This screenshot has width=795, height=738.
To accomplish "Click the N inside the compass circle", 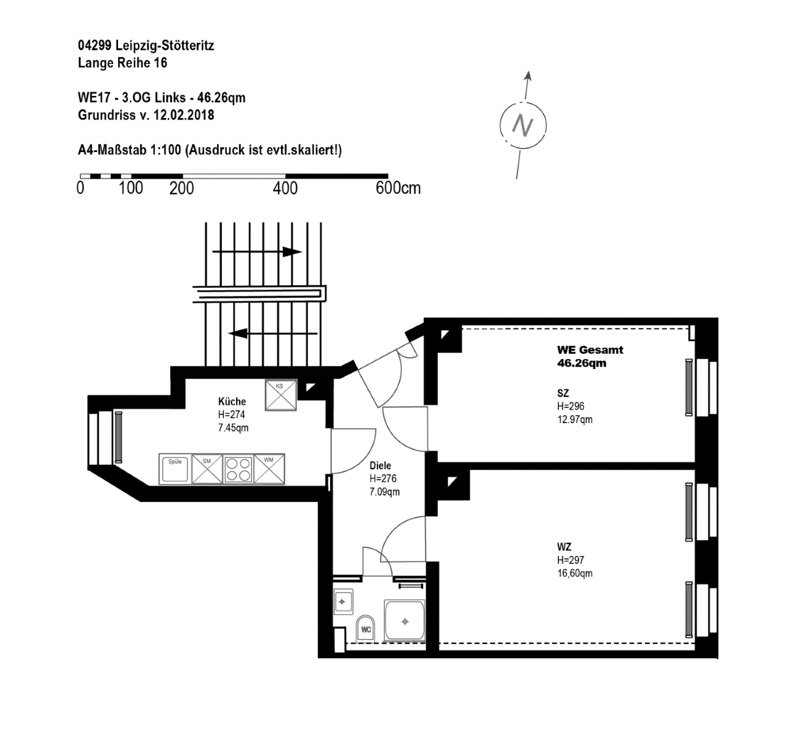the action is point(523,125).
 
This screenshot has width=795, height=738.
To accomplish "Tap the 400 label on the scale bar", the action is point(285,188).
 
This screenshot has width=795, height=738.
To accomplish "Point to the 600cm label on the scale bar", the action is point(398,188).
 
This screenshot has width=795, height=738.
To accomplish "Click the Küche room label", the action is point(232,401).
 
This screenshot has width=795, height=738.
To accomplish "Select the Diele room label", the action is point(381,466).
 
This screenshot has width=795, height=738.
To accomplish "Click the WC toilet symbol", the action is point(366,629).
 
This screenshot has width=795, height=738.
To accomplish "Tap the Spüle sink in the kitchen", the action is point(175,469).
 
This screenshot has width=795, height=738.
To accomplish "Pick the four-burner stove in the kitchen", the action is point(238,469).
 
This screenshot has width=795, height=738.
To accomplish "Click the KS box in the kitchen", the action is point(280,395).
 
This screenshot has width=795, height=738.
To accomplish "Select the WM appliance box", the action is point(269,469).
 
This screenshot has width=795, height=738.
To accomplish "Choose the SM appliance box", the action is point(207,469).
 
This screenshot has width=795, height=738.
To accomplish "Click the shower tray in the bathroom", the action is point(405,621).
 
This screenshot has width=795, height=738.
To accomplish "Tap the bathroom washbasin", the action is point(343,601).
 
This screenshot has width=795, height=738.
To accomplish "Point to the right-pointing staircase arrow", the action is point(256,252).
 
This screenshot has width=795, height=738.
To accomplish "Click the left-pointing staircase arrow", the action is point(273,333).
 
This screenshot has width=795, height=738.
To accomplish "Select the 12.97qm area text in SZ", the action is point(575,419).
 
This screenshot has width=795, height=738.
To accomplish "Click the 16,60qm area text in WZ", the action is point(575,573).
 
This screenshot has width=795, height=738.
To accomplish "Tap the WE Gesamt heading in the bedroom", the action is point(590,350).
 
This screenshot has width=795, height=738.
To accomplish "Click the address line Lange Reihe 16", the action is point(122,63).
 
